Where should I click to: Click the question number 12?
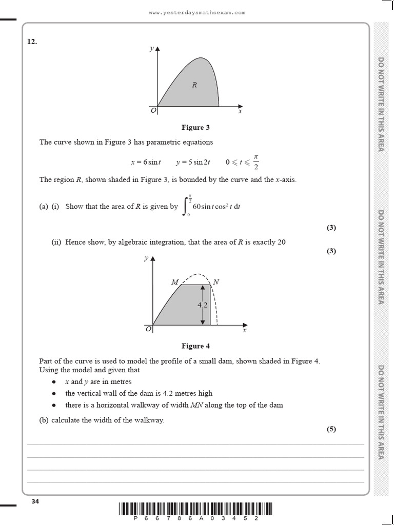32,42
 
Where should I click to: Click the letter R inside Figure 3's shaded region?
194,85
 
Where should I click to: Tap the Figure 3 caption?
195,127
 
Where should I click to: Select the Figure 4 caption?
195,346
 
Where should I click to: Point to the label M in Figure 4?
174,282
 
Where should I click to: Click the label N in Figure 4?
216,282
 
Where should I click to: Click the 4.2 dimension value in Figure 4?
202,305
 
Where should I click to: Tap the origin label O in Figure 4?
148,330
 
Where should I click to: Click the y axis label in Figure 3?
151,49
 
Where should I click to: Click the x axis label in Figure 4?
245,331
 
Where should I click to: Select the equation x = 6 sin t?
146,162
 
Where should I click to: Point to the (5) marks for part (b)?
331,429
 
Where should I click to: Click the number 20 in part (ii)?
281,242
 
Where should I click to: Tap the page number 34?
35,501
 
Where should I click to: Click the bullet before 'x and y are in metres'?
54,382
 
